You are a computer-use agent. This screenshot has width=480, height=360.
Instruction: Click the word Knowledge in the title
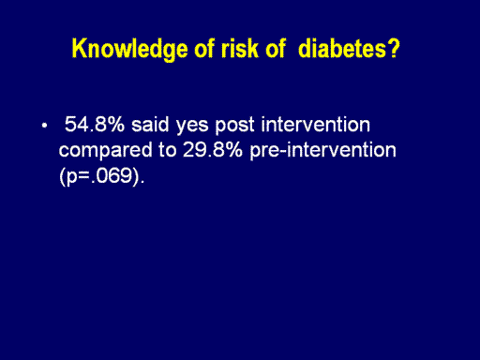[x=129, y=50]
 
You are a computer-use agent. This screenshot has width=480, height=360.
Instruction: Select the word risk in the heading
[x=240, y=49]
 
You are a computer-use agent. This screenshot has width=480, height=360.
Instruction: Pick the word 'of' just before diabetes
[x=276, y=49]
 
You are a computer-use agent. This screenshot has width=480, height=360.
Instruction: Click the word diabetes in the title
[x=342, y=49]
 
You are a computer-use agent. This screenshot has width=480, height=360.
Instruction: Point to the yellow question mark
[x=394, y=49]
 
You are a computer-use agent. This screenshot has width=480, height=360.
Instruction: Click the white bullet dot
[x=44, y=126]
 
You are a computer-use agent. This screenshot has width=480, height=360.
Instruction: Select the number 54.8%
[x=95, y=124]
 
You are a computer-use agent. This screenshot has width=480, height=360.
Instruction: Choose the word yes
[x=192, y=127]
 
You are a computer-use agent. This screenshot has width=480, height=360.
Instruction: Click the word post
[x=234, y=126]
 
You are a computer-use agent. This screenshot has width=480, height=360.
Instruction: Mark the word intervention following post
[x=316, y=124]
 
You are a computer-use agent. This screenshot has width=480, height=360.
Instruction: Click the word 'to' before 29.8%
[x=168, y=150]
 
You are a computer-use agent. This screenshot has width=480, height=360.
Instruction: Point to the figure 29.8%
[x=213, y=150]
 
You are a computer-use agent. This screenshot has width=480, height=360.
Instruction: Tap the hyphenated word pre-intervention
[x=323, y=151]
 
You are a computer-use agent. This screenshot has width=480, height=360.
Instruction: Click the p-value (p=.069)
[x=102, y=176]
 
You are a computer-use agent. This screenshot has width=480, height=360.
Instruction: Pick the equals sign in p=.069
[x=84, y=176]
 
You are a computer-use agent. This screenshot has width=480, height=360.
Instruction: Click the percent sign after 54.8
[x=116, y=124]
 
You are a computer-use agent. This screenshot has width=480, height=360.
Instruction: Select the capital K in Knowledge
[x=79, y=49]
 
